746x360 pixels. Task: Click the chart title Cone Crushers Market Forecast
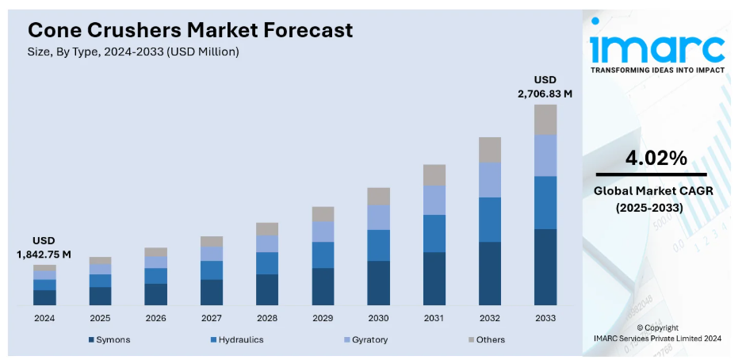(190, 30)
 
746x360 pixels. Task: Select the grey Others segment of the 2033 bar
(545, 120)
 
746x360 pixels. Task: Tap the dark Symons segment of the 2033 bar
(545, 266)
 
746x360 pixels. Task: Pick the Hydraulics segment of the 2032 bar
(489, 220)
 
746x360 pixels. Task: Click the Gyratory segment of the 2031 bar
(434, 200)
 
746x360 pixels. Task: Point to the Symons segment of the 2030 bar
(378, 283)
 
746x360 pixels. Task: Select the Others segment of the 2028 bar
(267, 228)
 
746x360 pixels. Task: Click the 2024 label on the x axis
(44, 318)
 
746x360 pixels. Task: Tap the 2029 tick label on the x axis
(323, 318)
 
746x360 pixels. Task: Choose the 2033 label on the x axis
(545, 318)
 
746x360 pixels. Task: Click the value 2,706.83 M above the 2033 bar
(545, 94)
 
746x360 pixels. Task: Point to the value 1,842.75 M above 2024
(44, 255)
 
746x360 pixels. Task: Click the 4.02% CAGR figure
(656, 158)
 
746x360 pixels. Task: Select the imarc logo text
(656, 48)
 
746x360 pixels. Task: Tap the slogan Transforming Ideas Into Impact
(656, 70)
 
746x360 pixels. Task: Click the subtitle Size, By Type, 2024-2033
(133, 52)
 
